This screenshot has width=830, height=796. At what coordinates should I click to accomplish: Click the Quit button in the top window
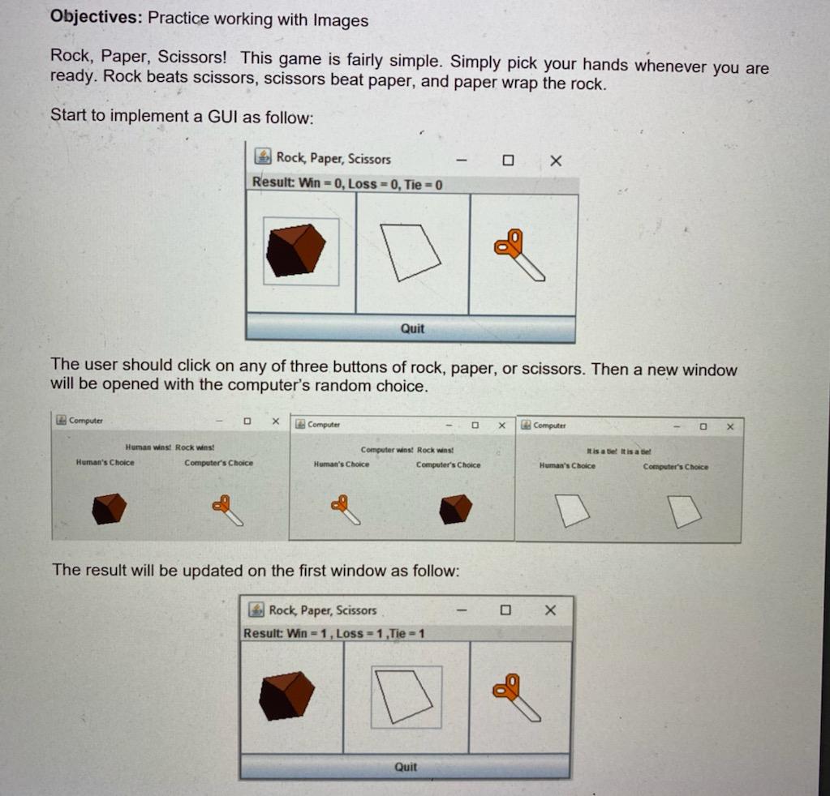411,328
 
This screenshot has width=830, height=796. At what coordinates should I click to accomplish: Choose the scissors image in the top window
520,255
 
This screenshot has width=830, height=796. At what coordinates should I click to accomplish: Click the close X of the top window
555,160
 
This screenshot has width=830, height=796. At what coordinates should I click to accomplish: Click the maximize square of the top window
508,160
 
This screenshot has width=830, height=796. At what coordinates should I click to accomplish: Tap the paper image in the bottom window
406,695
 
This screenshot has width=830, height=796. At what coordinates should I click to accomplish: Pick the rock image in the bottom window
287,695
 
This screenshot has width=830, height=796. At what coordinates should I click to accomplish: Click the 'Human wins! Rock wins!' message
170,447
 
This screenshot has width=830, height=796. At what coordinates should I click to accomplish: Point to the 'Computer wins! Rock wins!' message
407,449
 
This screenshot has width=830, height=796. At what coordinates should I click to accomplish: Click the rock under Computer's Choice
455,508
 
